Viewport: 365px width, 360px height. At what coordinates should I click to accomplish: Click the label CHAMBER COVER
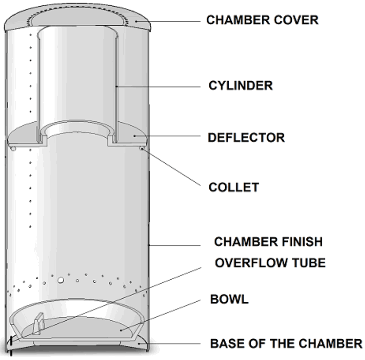click(x=262, y=20)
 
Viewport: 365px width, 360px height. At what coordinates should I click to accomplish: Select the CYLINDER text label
click(x=240, y=85)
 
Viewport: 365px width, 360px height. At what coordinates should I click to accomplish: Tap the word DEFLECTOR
click(x=246, y=137)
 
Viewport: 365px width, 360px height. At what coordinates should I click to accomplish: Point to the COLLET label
click(x=233, y=187)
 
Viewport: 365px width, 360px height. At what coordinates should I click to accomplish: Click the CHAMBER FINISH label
click(x=268, y=242)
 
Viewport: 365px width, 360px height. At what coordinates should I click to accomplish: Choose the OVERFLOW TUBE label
click(x=270, y=263)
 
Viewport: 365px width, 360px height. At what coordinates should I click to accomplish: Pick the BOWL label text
click(x=229, y=299)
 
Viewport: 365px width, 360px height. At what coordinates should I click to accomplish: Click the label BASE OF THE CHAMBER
click(x=286, y=343)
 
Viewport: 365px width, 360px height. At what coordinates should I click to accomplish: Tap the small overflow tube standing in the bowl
click(x=39, y=323)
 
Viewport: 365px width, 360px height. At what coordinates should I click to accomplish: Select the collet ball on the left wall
click(x=14, y=148)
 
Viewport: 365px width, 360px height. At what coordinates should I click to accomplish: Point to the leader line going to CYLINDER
click(x=158, y=86)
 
